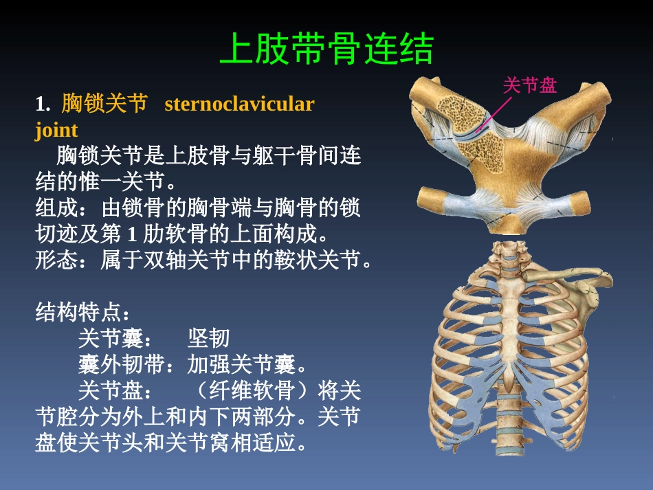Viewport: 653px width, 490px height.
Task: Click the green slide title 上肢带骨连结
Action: tap(326, 49)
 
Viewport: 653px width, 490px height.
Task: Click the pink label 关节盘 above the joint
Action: tap(529, 85)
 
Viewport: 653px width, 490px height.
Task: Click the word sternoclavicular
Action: tap(239, 104)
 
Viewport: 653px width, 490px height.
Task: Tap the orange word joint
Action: tap(56, 130)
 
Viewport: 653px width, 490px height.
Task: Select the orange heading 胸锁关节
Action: tap(104, 104)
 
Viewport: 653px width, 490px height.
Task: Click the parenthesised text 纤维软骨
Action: tap(252, 390)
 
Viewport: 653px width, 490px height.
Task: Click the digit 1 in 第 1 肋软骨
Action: tap(131, 234)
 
